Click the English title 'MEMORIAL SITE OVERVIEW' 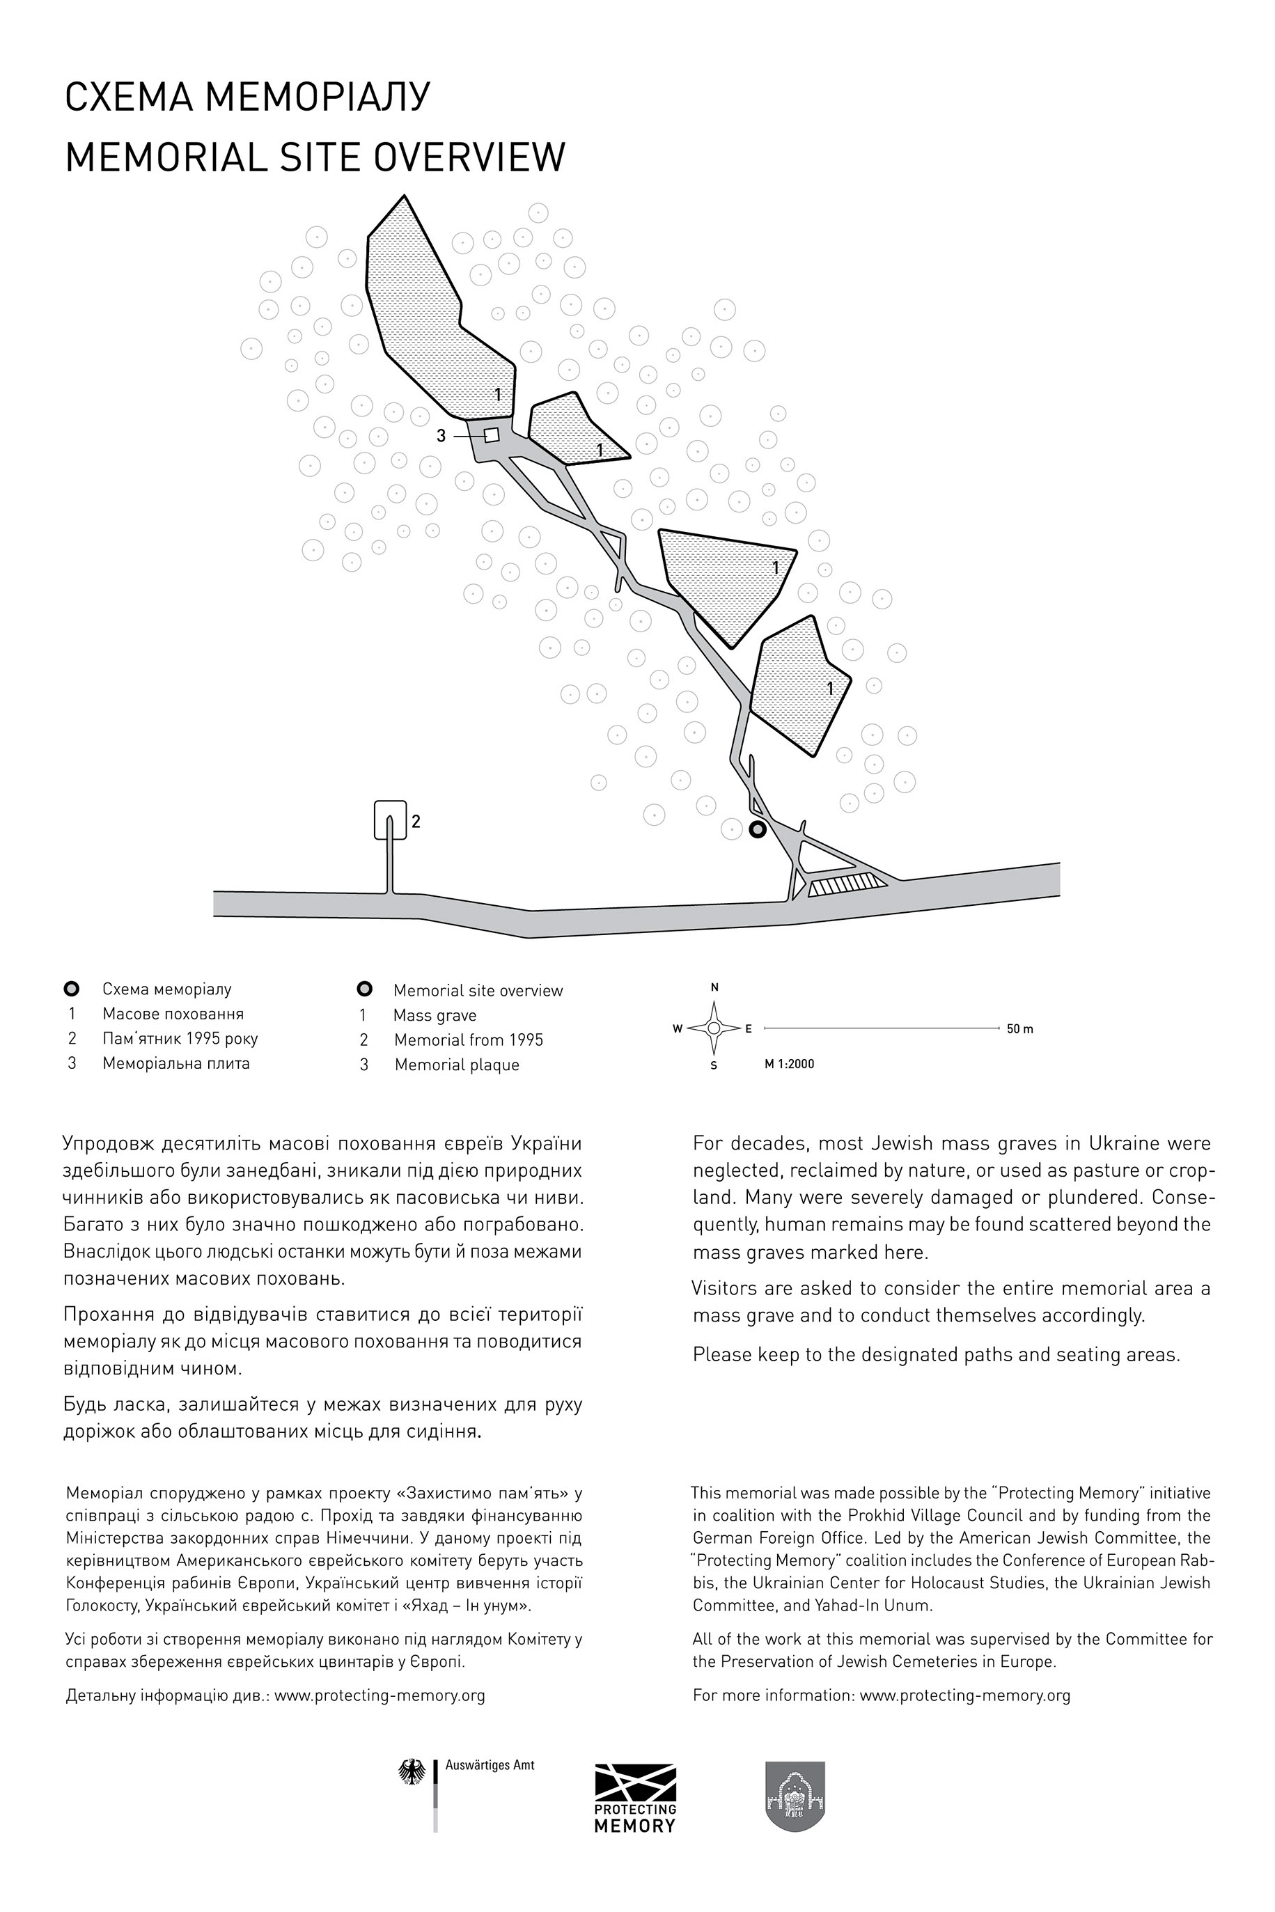[x=315, y=157]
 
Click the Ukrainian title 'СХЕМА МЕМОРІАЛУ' [x=247, y=97]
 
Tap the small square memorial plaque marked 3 [x=491, y=435]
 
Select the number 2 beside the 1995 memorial [x=416, y=822]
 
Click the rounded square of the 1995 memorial [x=389, y=820]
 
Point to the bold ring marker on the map [x=757, y=830]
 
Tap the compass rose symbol [x=713, y=1028]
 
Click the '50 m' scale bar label [x=1019, y=1029]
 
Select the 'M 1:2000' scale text [x=789, y=1064]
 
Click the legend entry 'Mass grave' [x=435, y=1015]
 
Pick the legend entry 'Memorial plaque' [x=456, y=1065]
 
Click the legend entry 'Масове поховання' [x=173, y=1014]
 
